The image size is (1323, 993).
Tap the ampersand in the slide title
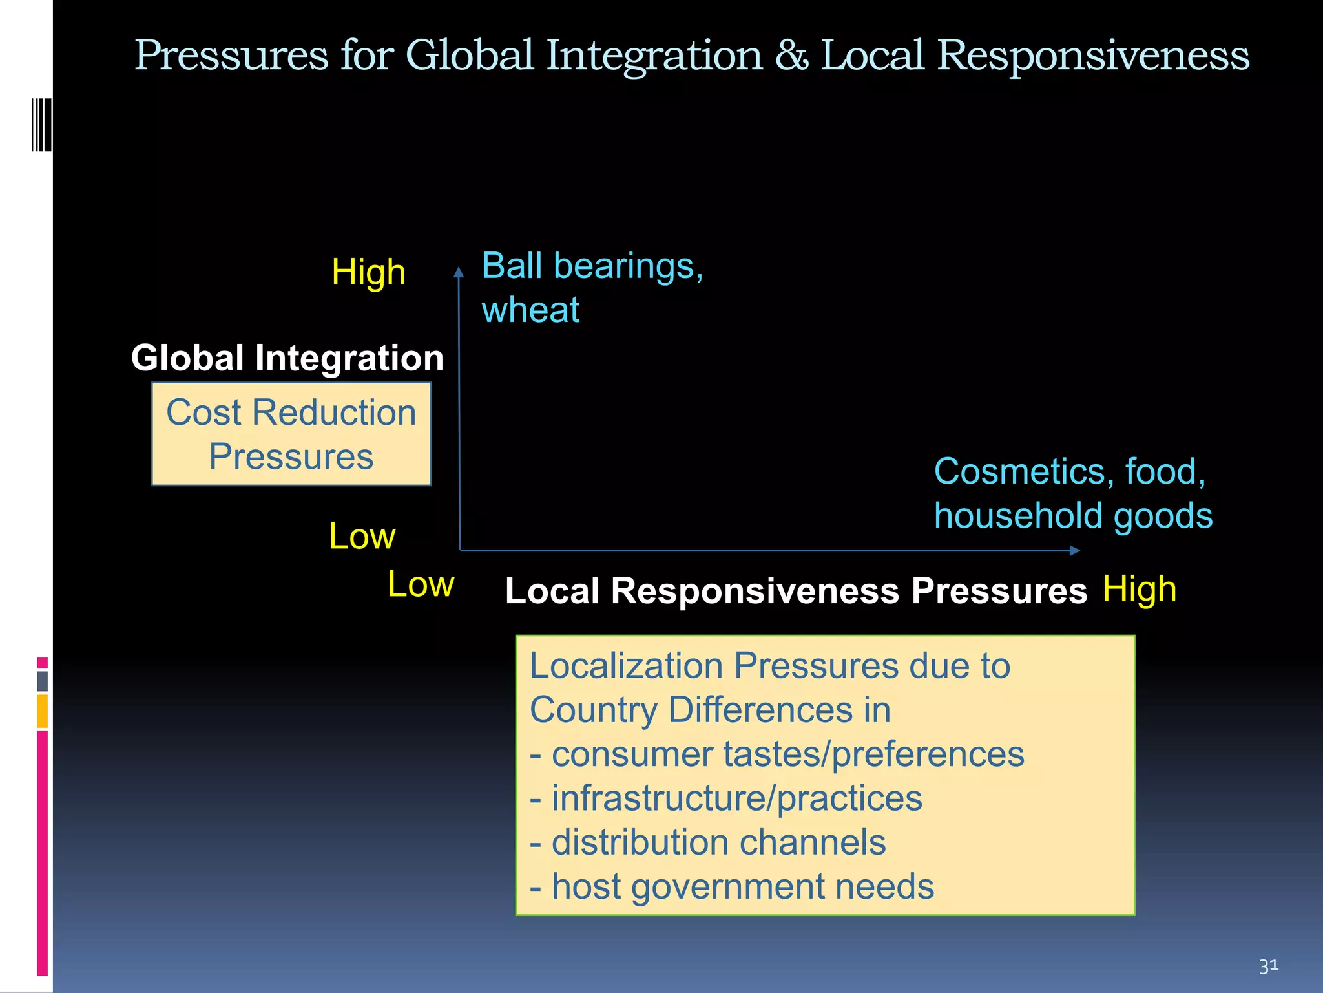pyautogui.click(x=791, y=56)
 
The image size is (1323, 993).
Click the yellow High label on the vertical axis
pyautogui.click(x=368, y=272)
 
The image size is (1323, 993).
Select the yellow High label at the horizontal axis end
pyautogui.click(x=1139, y=590)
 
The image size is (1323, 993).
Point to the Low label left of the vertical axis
pyautogui.click(x=362, y=536)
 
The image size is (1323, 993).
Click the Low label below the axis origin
pyautogui.click(x=421, y=584)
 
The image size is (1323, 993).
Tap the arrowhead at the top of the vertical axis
pyautogui.click(x=459, y=272)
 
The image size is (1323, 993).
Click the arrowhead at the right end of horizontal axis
pyautogui.click(x=1074, y=550)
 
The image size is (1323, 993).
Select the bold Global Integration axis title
pyautogui.click(x=287, y=358)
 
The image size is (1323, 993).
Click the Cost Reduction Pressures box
pyautogui.click(x=291, y=434)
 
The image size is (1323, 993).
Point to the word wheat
pyautogui.click(x=530, y=310)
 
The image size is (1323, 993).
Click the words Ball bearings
pyautogui.click(x=592, y=266)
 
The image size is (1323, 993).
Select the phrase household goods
pyautogui.click(x=1073, y=516)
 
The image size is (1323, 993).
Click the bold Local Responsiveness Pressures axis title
pyautogui.click(x=796, y=591)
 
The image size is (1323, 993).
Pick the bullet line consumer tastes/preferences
pyautogui.click(x=777, y=754)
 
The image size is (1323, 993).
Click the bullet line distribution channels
pyautogui.click(x=708, y=843)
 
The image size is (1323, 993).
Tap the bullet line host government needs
pyautogui.click(x=732, y=887)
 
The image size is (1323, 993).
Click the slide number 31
pyautogui.click(x=1268, y=966)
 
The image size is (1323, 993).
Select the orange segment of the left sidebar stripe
pyautogui.click(x=43, y=711)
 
